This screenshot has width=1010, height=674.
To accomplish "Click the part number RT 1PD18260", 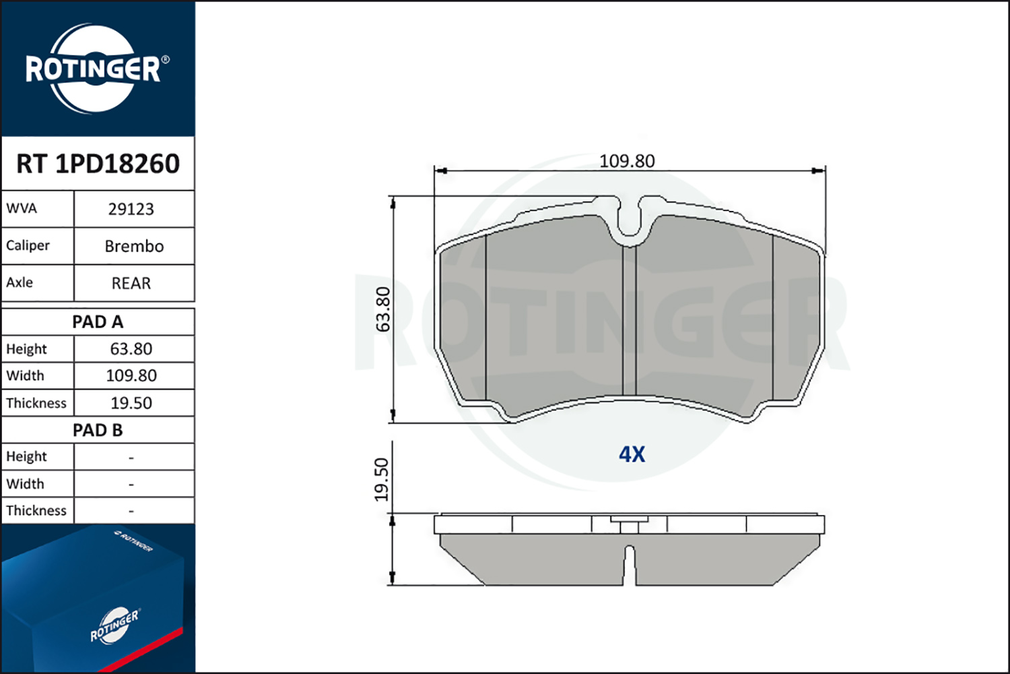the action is (x=98, y=163).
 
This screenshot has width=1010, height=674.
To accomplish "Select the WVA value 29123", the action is (x=131, y=209).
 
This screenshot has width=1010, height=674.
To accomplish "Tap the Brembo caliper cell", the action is (x=134, y=246).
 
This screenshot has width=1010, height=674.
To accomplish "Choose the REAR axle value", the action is (x=131, y=283).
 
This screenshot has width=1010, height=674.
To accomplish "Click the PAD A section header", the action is (x=98, y=322).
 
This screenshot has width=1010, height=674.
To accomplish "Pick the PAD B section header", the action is (x=98, y=430).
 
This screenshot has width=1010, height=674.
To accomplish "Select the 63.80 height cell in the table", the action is (x=131, y=349).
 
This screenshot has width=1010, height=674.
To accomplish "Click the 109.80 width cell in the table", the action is (x=131, y=375).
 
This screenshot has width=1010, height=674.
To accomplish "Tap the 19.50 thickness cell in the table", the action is (x=131, y=402).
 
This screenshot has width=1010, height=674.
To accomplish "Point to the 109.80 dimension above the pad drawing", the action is (x=627, y=161).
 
